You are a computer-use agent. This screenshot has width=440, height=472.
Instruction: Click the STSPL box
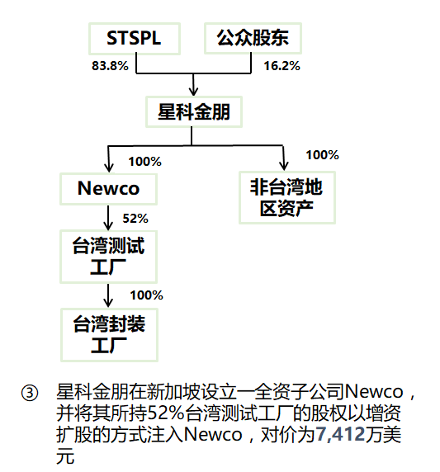[135, 39]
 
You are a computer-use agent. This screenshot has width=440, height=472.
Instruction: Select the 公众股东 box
[253, 38]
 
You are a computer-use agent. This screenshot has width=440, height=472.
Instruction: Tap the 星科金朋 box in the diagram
[194, 112]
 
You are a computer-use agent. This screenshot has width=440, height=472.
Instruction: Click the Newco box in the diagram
[108, 189]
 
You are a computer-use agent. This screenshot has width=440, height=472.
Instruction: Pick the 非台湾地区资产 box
[287, 198]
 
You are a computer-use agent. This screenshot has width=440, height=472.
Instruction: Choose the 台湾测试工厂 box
[108, 257]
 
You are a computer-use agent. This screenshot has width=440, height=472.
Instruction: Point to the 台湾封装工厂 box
[109, 335]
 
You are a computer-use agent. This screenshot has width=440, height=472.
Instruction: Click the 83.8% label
[111, 66]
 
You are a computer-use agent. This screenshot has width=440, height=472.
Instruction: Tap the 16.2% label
[282, 66]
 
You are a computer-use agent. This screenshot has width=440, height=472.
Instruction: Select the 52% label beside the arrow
[135, 218]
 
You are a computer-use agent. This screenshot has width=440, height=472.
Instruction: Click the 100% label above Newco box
[144, 162]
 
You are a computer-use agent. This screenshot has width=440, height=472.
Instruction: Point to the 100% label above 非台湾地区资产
[323, 155]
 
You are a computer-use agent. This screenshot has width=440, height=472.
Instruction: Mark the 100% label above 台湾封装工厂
[147, 295]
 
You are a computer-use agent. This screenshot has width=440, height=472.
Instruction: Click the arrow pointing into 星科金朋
[193, 85]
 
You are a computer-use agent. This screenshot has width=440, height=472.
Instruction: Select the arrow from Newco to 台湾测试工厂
[108, 218]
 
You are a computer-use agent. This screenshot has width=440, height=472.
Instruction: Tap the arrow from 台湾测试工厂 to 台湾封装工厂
[108, 295]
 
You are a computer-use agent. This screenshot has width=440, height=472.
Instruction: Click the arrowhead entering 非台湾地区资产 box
[284, 166]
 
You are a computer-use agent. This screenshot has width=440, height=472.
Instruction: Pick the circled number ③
[30, 393]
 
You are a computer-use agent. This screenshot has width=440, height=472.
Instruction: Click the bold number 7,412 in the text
[340, 434]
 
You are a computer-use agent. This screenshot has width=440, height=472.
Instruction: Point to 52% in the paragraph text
[166, 413]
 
